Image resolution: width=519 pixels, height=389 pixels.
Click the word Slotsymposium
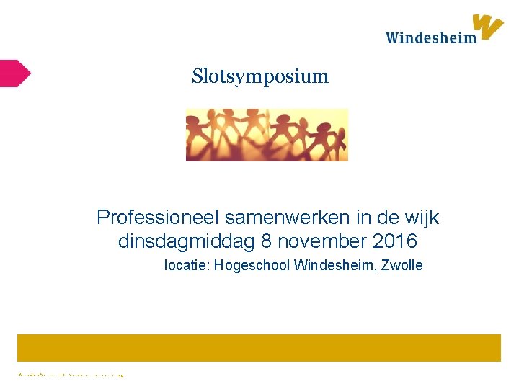click(259, 76)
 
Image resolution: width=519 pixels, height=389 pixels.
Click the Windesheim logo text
click(430, 37)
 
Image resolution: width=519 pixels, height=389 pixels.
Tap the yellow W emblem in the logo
click(488, 27)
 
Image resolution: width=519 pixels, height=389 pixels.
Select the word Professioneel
click(158, 217)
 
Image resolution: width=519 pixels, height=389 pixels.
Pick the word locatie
click(185, 266)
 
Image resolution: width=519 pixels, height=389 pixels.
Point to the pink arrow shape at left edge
click(14, 73)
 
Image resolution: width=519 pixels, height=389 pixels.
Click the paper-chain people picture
click(267, 135)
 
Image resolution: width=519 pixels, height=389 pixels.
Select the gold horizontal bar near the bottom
click(259, 347)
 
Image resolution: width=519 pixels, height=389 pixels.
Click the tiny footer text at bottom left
click(71, 375)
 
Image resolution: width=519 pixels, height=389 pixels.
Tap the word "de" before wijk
click(387, 217)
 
